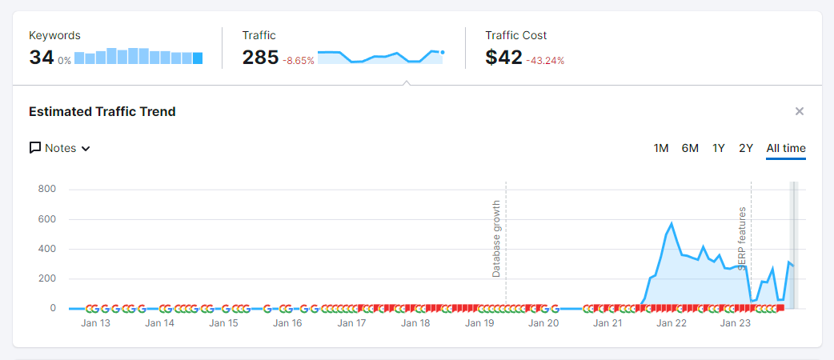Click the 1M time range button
tap(660, 148)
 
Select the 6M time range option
tap(690, 148)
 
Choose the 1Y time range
tap(719, 148)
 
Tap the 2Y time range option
tap(746, 148)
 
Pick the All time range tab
tap(786, 148)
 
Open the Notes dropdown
tap(59, 148)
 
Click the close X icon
tap(799, 111)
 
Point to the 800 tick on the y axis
tap(47, 190)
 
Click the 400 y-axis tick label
tap(47, 249)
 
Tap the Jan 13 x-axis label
tap(96, 322)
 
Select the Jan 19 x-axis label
tap(480, 322)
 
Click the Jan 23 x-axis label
tap(735, 322)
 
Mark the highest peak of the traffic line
tap(672, 223)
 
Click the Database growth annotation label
tap(496, 238)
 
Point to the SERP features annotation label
tap(742, 239)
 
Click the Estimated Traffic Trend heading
tap(102, 112)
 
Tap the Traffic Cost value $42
tap(503, 58)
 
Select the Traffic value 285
tap(261, 58)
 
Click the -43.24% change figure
tap(545, 61)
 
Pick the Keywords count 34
tap(42, 58)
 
